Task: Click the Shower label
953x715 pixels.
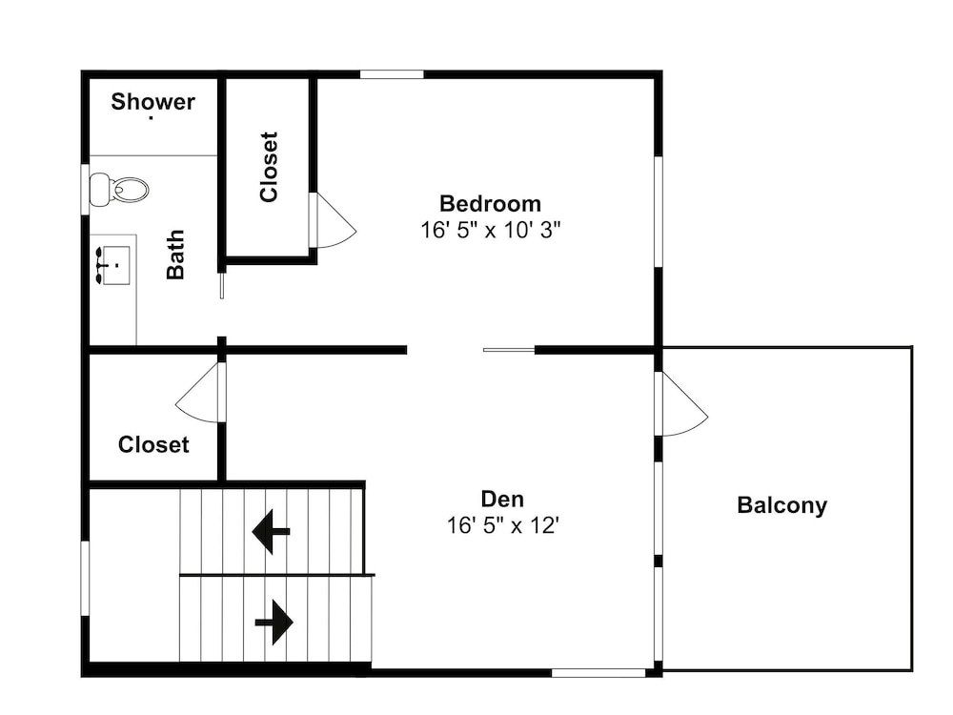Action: click(x=152, y=102)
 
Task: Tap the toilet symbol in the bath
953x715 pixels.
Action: click(x=119, y=190)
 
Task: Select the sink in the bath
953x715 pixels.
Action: click(x=112, y=265)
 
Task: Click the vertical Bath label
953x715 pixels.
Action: click(x=175, y=255)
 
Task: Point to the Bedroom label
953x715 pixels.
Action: click(x=490, y=203)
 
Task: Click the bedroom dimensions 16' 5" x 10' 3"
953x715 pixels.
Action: click(x=490, y=230)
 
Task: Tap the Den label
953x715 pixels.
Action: click(x=502, y=499)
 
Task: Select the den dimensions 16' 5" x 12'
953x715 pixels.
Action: click(x=502, y=524)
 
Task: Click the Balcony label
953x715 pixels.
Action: click(x=781, y=505)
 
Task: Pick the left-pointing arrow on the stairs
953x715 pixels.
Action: click(x=271, y=531)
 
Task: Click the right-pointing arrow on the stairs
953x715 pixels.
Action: click(x=274, y=622)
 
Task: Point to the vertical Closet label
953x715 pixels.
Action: click(x=269, y=167)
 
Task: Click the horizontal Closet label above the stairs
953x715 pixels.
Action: click(x=153, y=444)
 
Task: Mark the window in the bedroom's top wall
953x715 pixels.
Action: click(x=392, y=74)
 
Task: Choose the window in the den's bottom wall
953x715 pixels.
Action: click(x=598, y=673)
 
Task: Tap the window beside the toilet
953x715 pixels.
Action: click(x=85, y=189)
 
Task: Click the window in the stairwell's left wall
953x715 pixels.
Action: click(x=85, y=579)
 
